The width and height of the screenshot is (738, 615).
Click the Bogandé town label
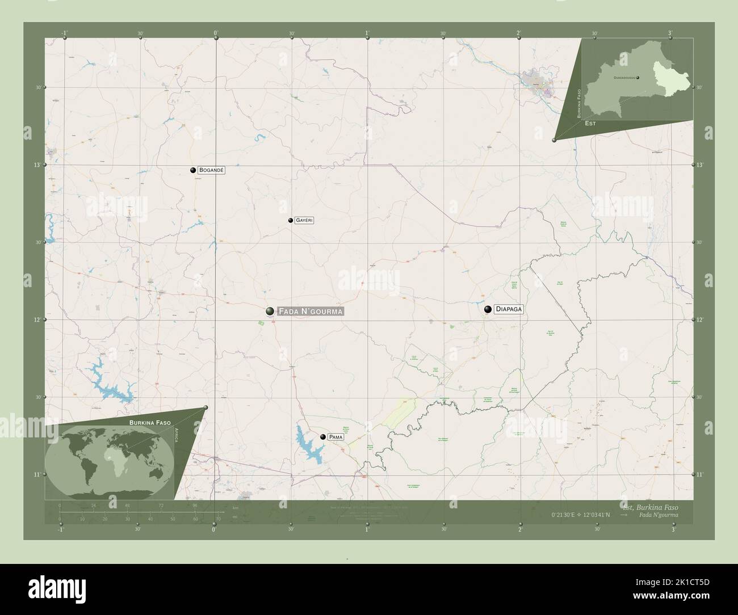click(x=208, y=170)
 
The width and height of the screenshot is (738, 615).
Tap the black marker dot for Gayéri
click(x=290, y=220)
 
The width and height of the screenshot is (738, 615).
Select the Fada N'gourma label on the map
click(x=310, y=311)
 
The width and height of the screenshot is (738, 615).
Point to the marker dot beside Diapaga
click(x=488, y=309)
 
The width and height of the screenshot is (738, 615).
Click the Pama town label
click(x=336, y=437)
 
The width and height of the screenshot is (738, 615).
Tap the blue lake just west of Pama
click(x=308, y=443)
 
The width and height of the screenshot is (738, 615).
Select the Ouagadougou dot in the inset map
click(x=638, y=77)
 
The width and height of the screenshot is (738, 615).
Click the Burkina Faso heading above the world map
click(x=150, y=423)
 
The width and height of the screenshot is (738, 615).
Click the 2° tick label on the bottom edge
click(x=519, y=529)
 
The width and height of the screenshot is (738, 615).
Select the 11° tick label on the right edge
click(x=699, y=474)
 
